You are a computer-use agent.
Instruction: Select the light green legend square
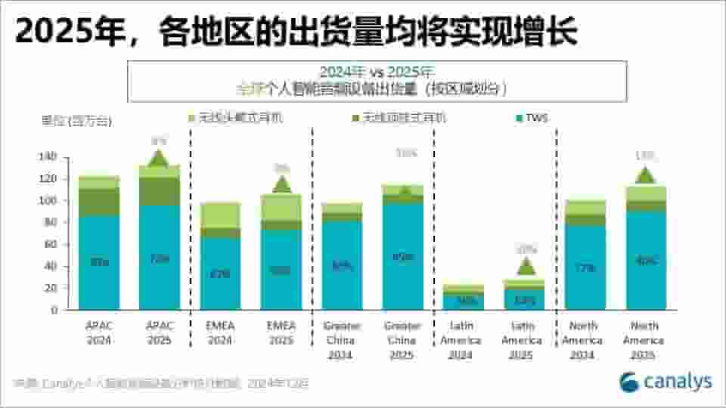coord(193,118)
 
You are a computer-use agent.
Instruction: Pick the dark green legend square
coord(356,118)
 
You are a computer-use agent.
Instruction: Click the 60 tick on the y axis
coord(50,244)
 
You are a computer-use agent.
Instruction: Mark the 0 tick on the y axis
coord(53,310)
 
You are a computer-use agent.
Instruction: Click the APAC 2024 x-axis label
coord(99,333)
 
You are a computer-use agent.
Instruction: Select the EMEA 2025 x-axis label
coord(281,333)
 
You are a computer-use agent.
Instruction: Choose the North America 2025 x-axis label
coord(645,340)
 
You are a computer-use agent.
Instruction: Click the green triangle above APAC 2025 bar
coord(158,159)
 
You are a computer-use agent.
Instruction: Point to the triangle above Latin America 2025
coord(526,266)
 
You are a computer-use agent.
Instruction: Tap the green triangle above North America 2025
coord(644,175)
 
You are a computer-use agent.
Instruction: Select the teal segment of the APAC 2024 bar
coord(99,262)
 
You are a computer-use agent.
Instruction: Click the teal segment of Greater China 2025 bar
coord(402,256)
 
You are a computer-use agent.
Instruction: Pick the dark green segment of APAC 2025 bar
coord(159,191)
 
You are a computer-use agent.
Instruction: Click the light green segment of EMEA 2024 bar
coord(220,215)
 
